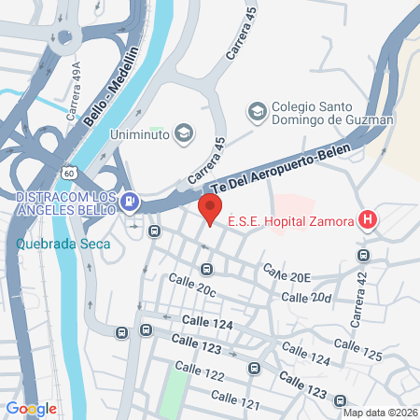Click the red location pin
[210, 208]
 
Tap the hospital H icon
[369, 220]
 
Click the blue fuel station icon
[131, 200]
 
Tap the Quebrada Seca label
[63, 245]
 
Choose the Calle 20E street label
[286, 273]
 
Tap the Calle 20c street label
[192, 286]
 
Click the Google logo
[32, 408]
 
